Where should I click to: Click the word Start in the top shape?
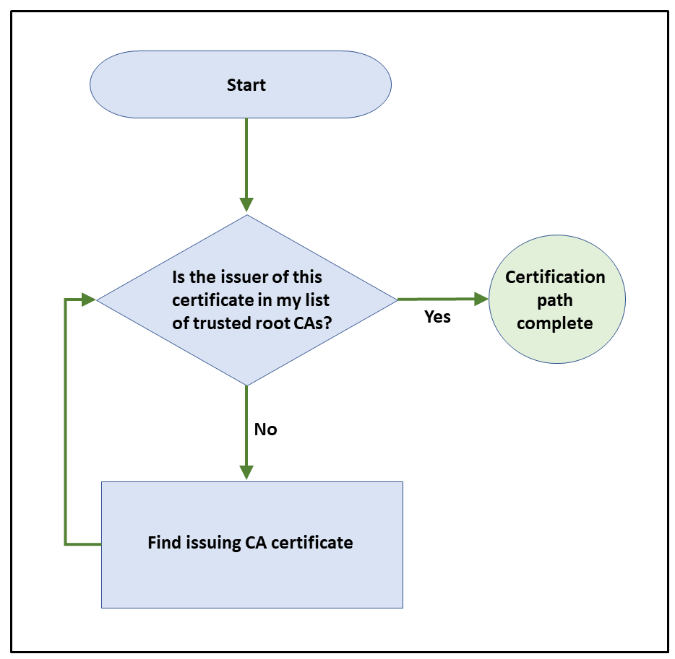pos(246,85)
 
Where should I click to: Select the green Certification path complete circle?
pos(556,300)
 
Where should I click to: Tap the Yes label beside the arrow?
pos(437,317)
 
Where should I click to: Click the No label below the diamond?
pos(265,429)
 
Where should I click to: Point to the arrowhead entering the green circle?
pos(480,299)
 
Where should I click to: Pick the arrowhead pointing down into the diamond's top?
pos(247,204)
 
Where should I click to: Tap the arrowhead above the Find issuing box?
pos(247,471)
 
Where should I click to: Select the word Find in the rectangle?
pos(163,543)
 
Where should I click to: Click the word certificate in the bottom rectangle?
pos(314,543)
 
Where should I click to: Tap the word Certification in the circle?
pos(555,277)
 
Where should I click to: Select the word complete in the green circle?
pos(555,323)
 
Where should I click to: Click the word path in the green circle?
pos(555,300)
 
